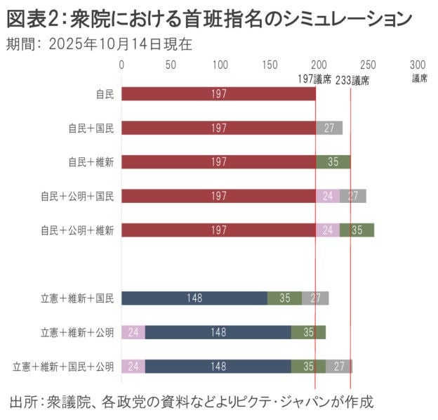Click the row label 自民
click(105, 93)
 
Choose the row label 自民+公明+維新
click(77, 230)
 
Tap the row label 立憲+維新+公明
click(77, 332)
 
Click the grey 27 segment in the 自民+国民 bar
click(329, 128)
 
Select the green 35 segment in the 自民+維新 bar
click(333, 162)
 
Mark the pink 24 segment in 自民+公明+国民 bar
click(328, 196)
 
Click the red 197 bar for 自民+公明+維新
click(219, 230)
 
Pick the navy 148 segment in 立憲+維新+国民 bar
click(194, 298)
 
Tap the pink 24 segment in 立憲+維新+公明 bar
click(133, 332)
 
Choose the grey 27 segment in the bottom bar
click(339, 366)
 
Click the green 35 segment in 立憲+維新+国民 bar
click(285, 298)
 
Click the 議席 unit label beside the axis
click(419, 78)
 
